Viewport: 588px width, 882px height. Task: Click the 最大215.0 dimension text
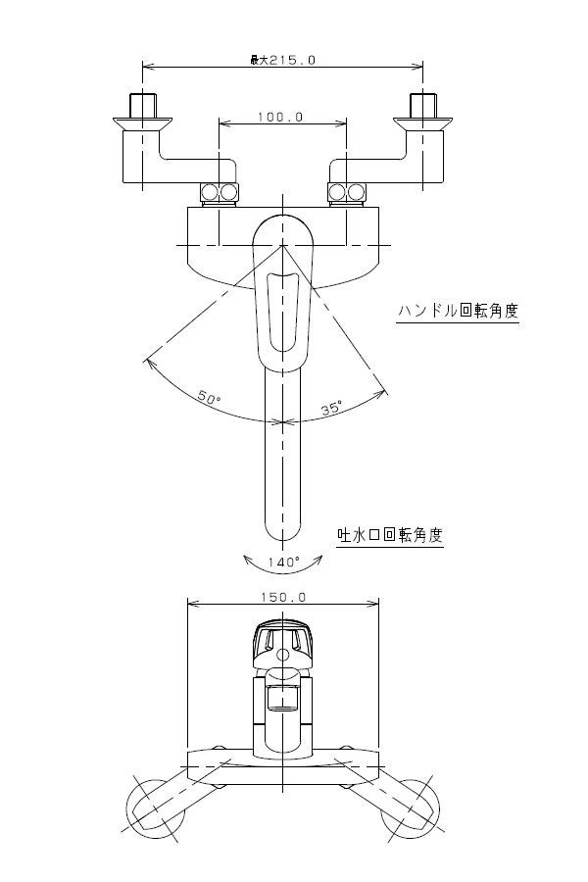[x=282, y=60]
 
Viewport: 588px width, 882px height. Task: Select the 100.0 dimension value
[x=281, y=117]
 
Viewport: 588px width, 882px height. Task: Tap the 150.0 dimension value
[x=283, y=596]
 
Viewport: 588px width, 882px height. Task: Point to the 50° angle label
[x=209, y=398]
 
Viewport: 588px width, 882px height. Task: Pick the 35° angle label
[x=331, y=408]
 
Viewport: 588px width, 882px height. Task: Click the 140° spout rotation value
[x=284, y=563]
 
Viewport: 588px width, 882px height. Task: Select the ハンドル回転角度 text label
[x=458, y=311]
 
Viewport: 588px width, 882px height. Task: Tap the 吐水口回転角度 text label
[x=390, y=535]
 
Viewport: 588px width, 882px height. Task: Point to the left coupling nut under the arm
[x=220, y=191]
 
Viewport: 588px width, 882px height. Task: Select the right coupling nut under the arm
[x=346, y=191]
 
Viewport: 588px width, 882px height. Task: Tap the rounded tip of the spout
[x=283, y=530]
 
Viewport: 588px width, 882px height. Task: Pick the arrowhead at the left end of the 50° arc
[x=148, y=362]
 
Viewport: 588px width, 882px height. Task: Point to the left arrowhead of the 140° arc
[x=245, y=559]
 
